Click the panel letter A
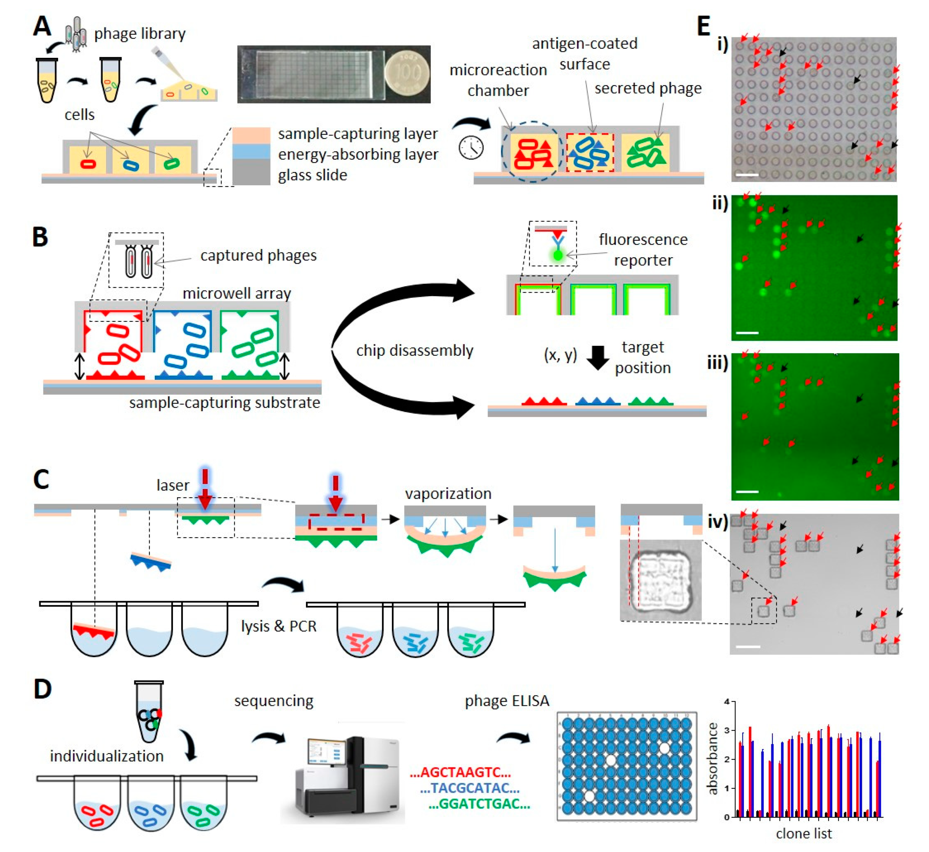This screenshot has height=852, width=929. point(42,26)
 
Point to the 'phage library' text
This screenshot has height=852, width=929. point(140,34)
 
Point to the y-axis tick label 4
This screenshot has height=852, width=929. point(727,702)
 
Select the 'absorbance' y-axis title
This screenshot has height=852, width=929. point(713,759)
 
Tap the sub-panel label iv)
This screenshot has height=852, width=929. point(717,521)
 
